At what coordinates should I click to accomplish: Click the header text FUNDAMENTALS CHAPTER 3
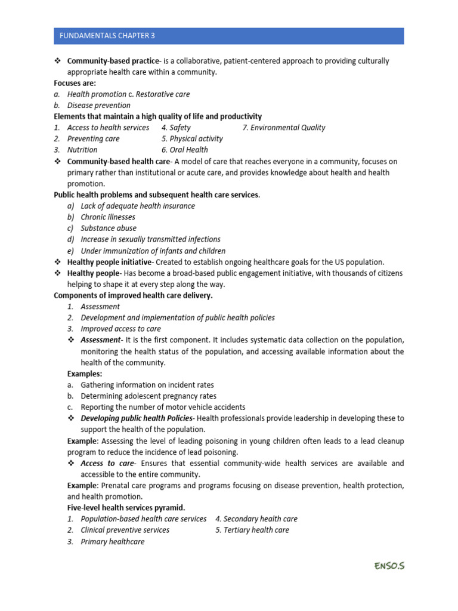[x=107, y=36]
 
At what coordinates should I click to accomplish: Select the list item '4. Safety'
[x=176, y=127]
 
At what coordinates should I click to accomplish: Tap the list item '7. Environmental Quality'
[x=284, y=127]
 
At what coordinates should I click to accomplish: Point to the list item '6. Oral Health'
[x=184, y=150]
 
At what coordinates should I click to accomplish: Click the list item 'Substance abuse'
[x=109, y=228]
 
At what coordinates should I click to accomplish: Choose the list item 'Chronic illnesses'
[x=108, y=217]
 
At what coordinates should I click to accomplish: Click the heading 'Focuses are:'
[x=75, y=83]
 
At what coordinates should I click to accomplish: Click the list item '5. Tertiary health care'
[x=252, y=530]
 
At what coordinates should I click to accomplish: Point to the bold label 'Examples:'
[x=85, y=374]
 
